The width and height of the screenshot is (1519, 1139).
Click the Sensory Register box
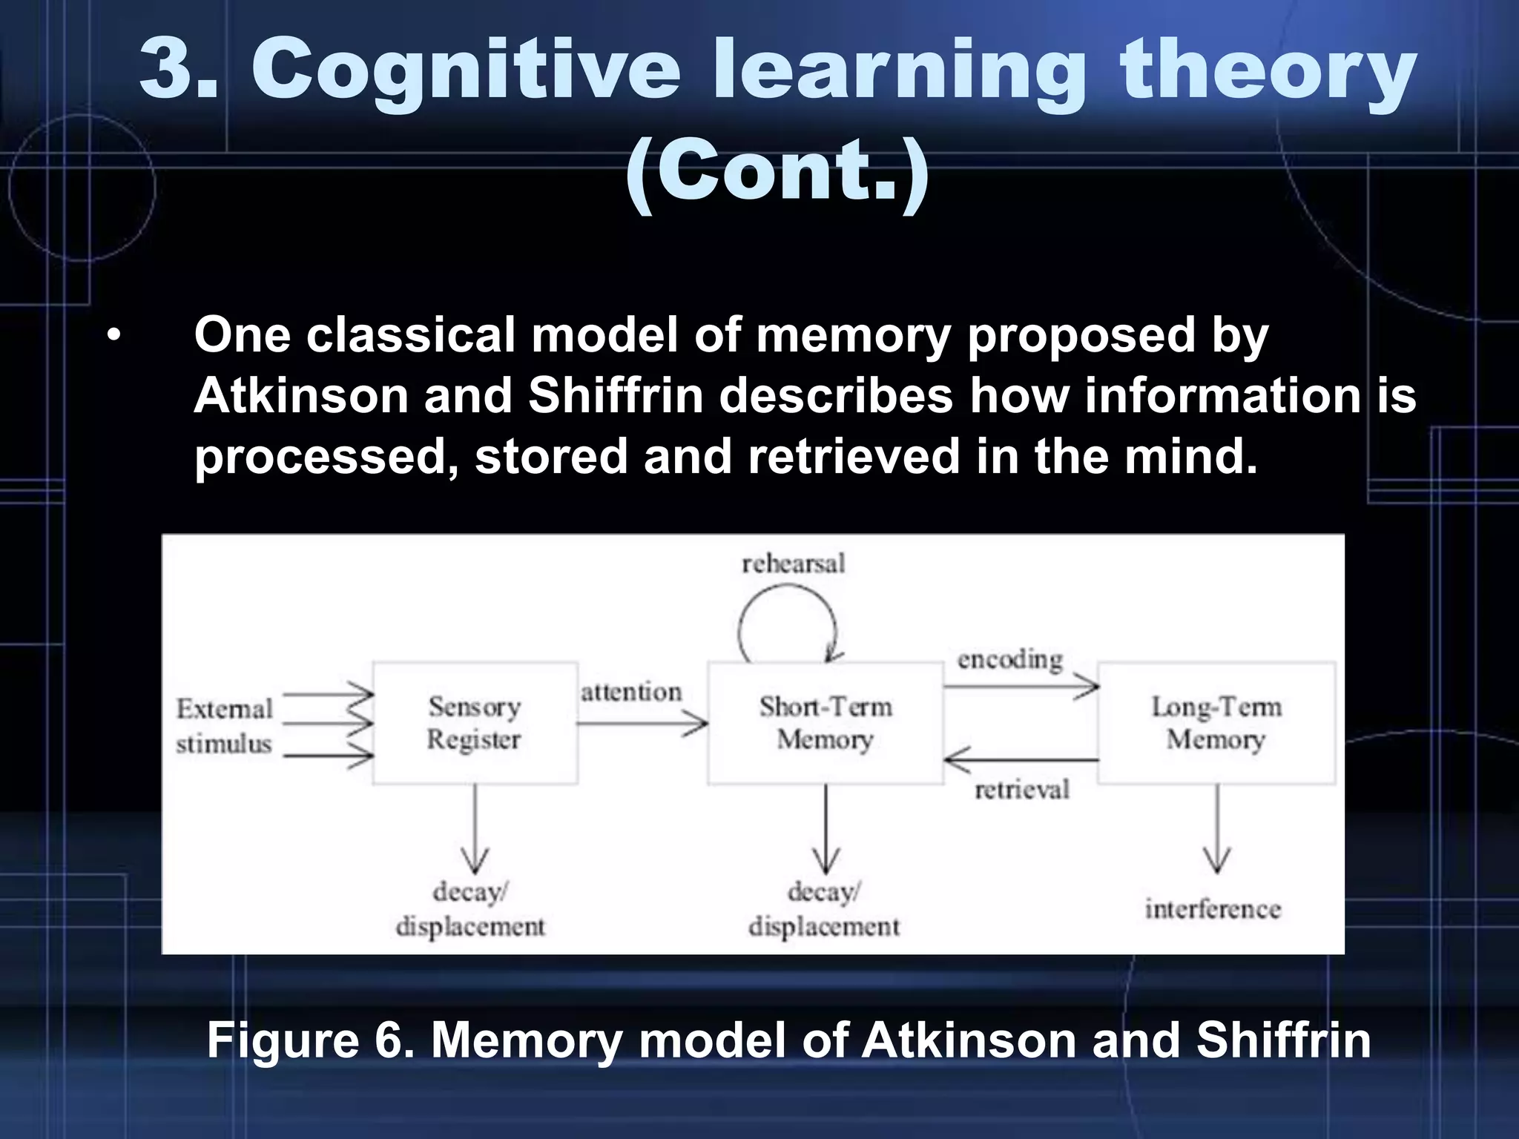coord(475,723)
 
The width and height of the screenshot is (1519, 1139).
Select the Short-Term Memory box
coord(826,723)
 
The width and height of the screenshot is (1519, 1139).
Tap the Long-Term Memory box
coord(1216,723)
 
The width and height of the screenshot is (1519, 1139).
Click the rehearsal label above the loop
coord(793,564)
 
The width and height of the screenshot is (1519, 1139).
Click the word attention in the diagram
coord(631,693)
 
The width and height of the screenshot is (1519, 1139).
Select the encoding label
coord(1009,659)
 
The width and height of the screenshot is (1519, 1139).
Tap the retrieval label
coord(1022,790)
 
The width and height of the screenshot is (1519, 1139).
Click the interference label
coord(1213,909)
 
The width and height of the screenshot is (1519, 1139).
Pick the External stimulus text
coord(224,726)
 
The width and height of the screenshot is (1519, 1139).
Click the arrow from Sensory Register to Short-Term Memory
coord(642,723)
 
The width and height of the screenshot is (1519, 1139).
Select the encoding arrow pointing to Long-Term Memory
coord(1021,687)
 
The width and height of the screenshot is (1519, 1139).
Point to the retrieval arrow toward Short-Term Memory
coord(1021,760)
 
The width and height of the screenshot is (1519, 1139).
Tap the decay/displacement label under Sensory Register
coord(470,909)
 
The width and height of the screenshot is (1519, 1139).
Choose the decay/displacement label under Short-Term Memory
coord(824,909)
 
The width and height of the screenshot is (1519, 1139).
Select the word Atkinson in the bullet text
coord(301,395)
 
